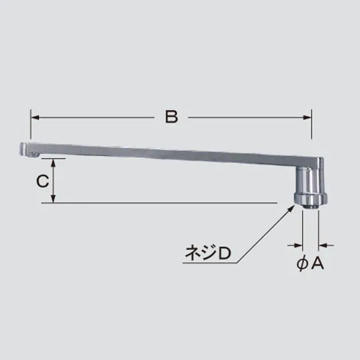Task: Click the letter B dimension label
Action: point(171,117)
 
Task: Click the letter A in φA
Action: point(317,263)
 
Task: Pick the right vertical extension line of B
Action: point(312,133)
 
